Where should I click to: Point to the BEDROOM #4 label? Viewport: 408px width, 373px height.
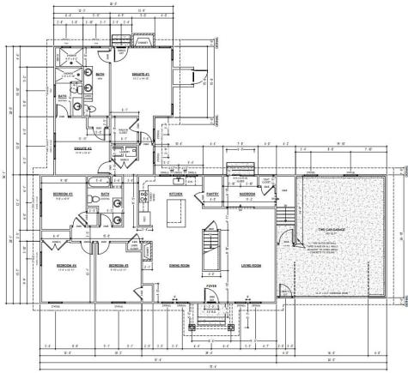click(x=66, y=267)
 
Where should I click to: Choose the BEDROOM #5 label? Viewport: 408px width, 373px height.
click(x=118, y=267)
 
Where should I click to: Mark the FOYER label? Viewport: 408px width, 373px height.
click(x=212, y=286)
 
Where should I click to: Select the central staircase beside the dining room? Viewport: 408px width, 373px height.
click(x=210, y=242)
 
